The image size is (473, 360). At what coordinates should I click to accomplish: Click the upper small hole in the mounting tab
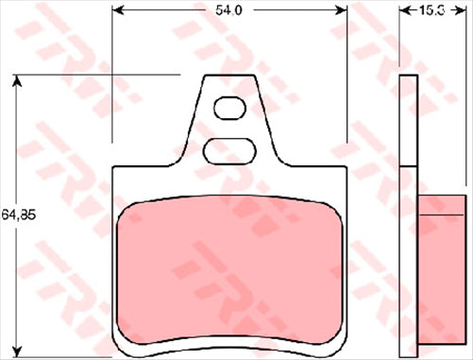pos(228,110)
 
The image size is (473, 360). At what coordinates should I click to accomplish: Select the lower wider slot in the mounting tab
pos(228,149)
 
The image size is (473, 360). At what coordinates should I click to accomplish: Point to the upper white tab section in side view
pos(409,120)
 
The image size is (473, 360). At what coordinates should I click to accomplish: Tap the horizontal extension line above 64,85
pos(94,74)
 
